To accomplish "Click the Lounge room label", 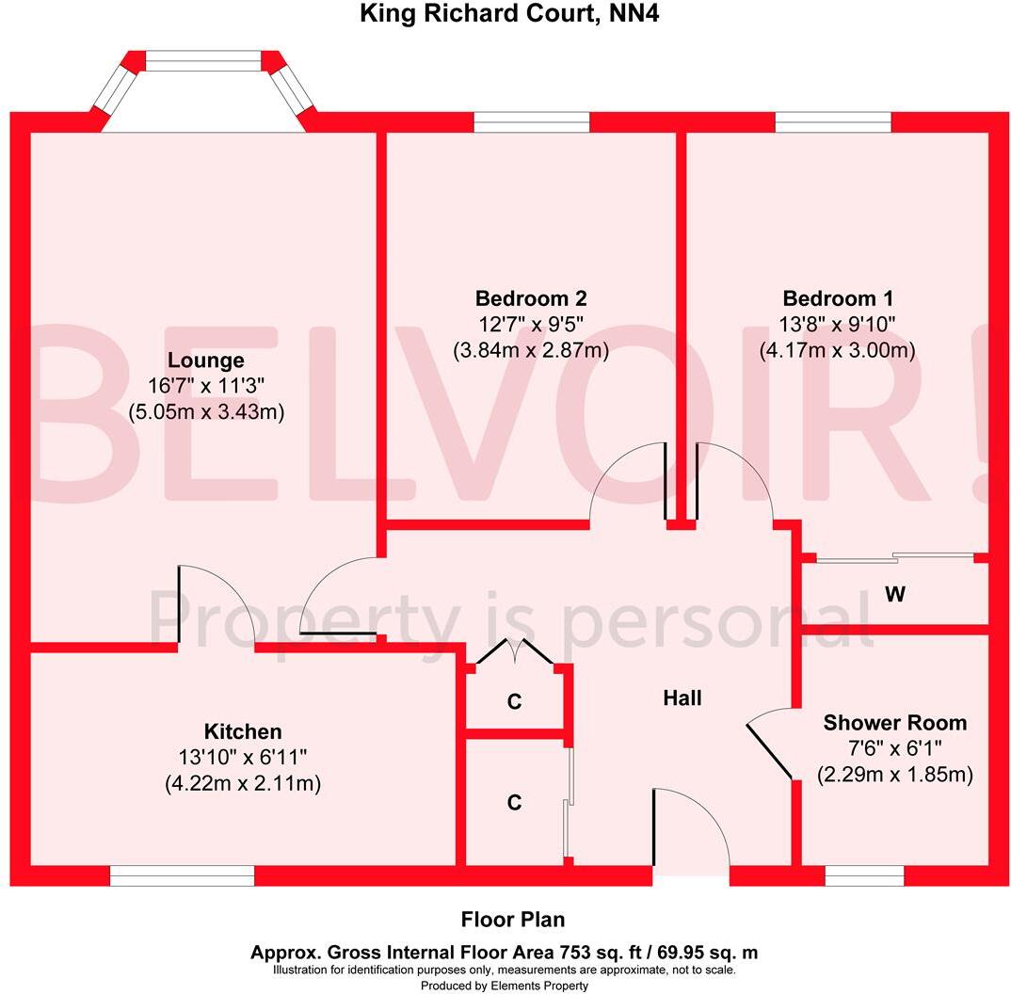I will click(206, 361).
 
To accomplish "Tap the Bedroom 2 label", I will click(531, 299).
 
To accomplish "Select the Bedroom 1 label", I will click(838, 299).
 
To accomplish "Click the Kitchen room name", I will click(243, 731).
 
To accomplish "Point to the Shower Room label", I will click(894, 723).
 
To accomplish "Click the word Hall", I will click(682, 698).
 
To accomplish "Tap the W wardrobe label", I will click(895, 595).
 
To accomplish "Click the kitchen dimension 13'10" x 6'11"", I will click(243, 757).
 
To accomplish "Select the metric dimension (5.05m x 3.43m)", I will click(206, 411).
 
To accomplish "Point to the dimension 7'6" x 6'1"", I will click(894, 749).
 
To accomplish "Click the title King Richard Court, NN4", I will click(505, 14).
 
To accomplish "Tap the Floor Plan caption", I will click(513, 920).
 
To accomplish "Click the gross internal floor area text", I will click(504, 953).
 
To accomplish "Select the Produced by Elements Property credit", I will click(505, 986).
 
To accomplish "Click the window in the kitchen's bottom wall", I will click(182, 876).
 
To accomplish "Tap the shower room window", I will click(864, 876).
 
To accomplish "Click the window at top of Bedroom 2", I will click(531, 122).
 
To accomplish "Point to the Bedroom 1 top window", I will click(833, 122).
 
